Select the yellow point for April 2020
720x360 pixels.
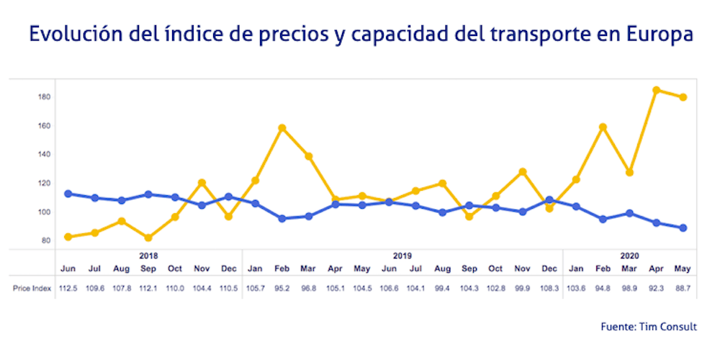click(x=656, y=91)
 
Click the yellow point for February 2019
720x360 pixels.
click(x=282, y=128)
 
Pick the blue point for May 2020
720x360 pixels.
click(x=683, y=228)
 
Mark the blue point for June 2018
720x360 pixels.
click(x=68, y=194)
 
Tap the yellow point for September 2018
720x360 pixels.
click(x=148, y=238)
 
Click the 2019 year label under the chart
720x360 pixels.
click(x=402, y=256)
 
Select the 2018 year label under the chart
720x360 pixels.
click(x=148, y=256)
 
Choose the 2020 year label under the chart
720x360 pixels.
click(x=629, y=256)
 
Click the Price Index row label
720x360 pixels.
click(x=32, y=288)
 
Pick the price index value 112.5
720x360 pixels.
click(x=68, y=288)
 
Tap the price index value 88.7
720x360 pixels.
click(x=683, y=288)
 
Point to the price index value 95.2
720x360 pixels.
click(x=282, y=288)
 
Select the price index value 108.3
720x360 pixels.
click(x=549, y=288)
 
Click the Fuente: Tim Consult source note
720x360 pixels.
click(x=649, y=327)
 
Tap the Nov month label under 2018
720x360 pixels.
click(x=202, y=269)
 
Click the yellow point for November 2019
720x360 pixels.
click(x=523, y=172)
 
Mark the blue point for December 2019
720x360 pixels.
click(x=549, y=200)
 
